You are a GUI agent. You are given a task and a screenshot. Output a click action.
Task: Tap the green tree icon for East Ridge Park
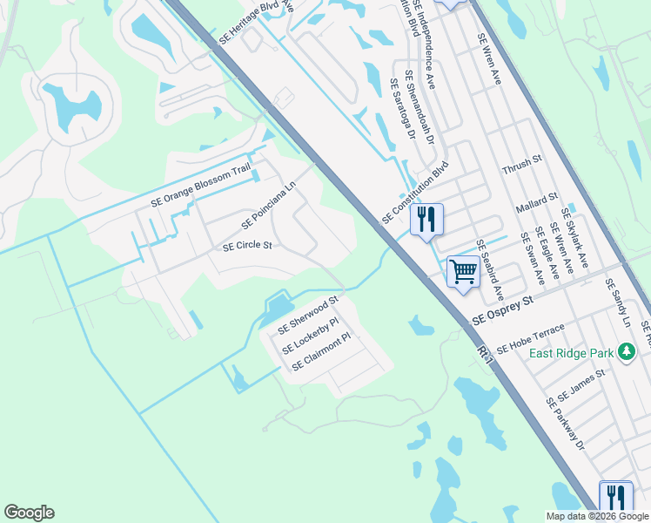626,352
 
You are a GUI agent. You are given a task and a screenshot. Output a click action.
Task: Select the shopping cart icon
463,271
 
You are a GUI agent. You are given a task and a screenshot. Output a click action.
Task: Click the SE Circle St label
248,247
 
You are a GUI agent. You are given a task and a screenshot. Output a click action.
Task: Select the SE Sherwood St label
307,316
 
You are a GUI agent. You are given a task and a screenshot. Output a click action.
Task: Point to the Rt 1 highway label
486,350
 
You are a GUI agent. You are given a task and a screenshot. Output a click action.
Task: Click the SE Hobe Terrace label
530,339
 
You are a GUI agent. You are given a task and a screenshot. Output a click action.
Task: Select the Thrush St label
522,160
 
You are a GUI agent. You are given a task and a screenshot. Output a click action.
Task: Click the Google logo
29,513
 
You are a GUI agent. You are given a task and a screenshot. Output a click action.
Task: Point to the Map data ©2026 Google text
597,516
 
